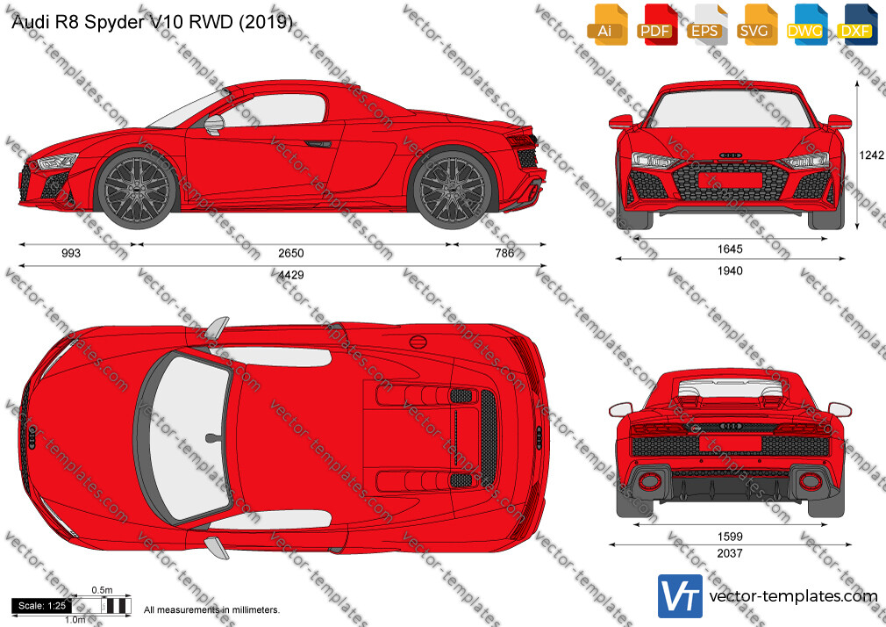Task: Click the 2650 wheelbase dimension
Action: pyautogui.click(x=291, y=253)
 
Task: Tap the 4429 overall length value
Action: pyautogui.click(x=291, y=275)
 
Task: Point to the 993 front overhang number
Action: pyautogui.click(x=71, y=253)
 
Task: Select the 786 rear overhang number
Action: pyautogui.click(x=504, y=253)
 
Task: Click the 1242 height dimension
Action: pyautogui.click(x=871, y=155)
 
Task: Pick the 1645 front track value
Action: pyautogui.click(x=730, y=249)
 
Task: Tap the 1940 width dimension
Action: pyautogui.click(x=730, y=270)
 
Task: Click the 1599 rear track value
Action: pyautogui.click(x=730, y=536)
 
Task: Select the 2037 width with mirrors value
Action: pyautogui.click(x=730, y=553)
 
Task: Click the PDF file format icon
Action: pyautogui.click(x=656, y=25)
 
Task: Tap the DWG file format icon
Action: pyautogui.click(x=804, y=25)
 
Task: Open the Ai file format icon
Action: pyautogui.click(x=606, y=25)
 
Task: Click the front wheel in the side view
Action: pyautogui.click(x=136, y=189)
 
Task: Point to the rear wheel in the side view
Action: pyautogui.click(x=453, y=189)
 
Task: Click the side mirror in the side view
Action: pyautogui.click(x=214, y=125)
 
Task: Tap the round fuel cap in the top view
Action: pyautogui.click(x=418, y=342)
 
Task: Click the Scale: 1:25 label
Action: pyautogui.click(x=42, y=606)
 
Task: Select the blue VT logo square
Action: pyautogui.click(x=680, y=596)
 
